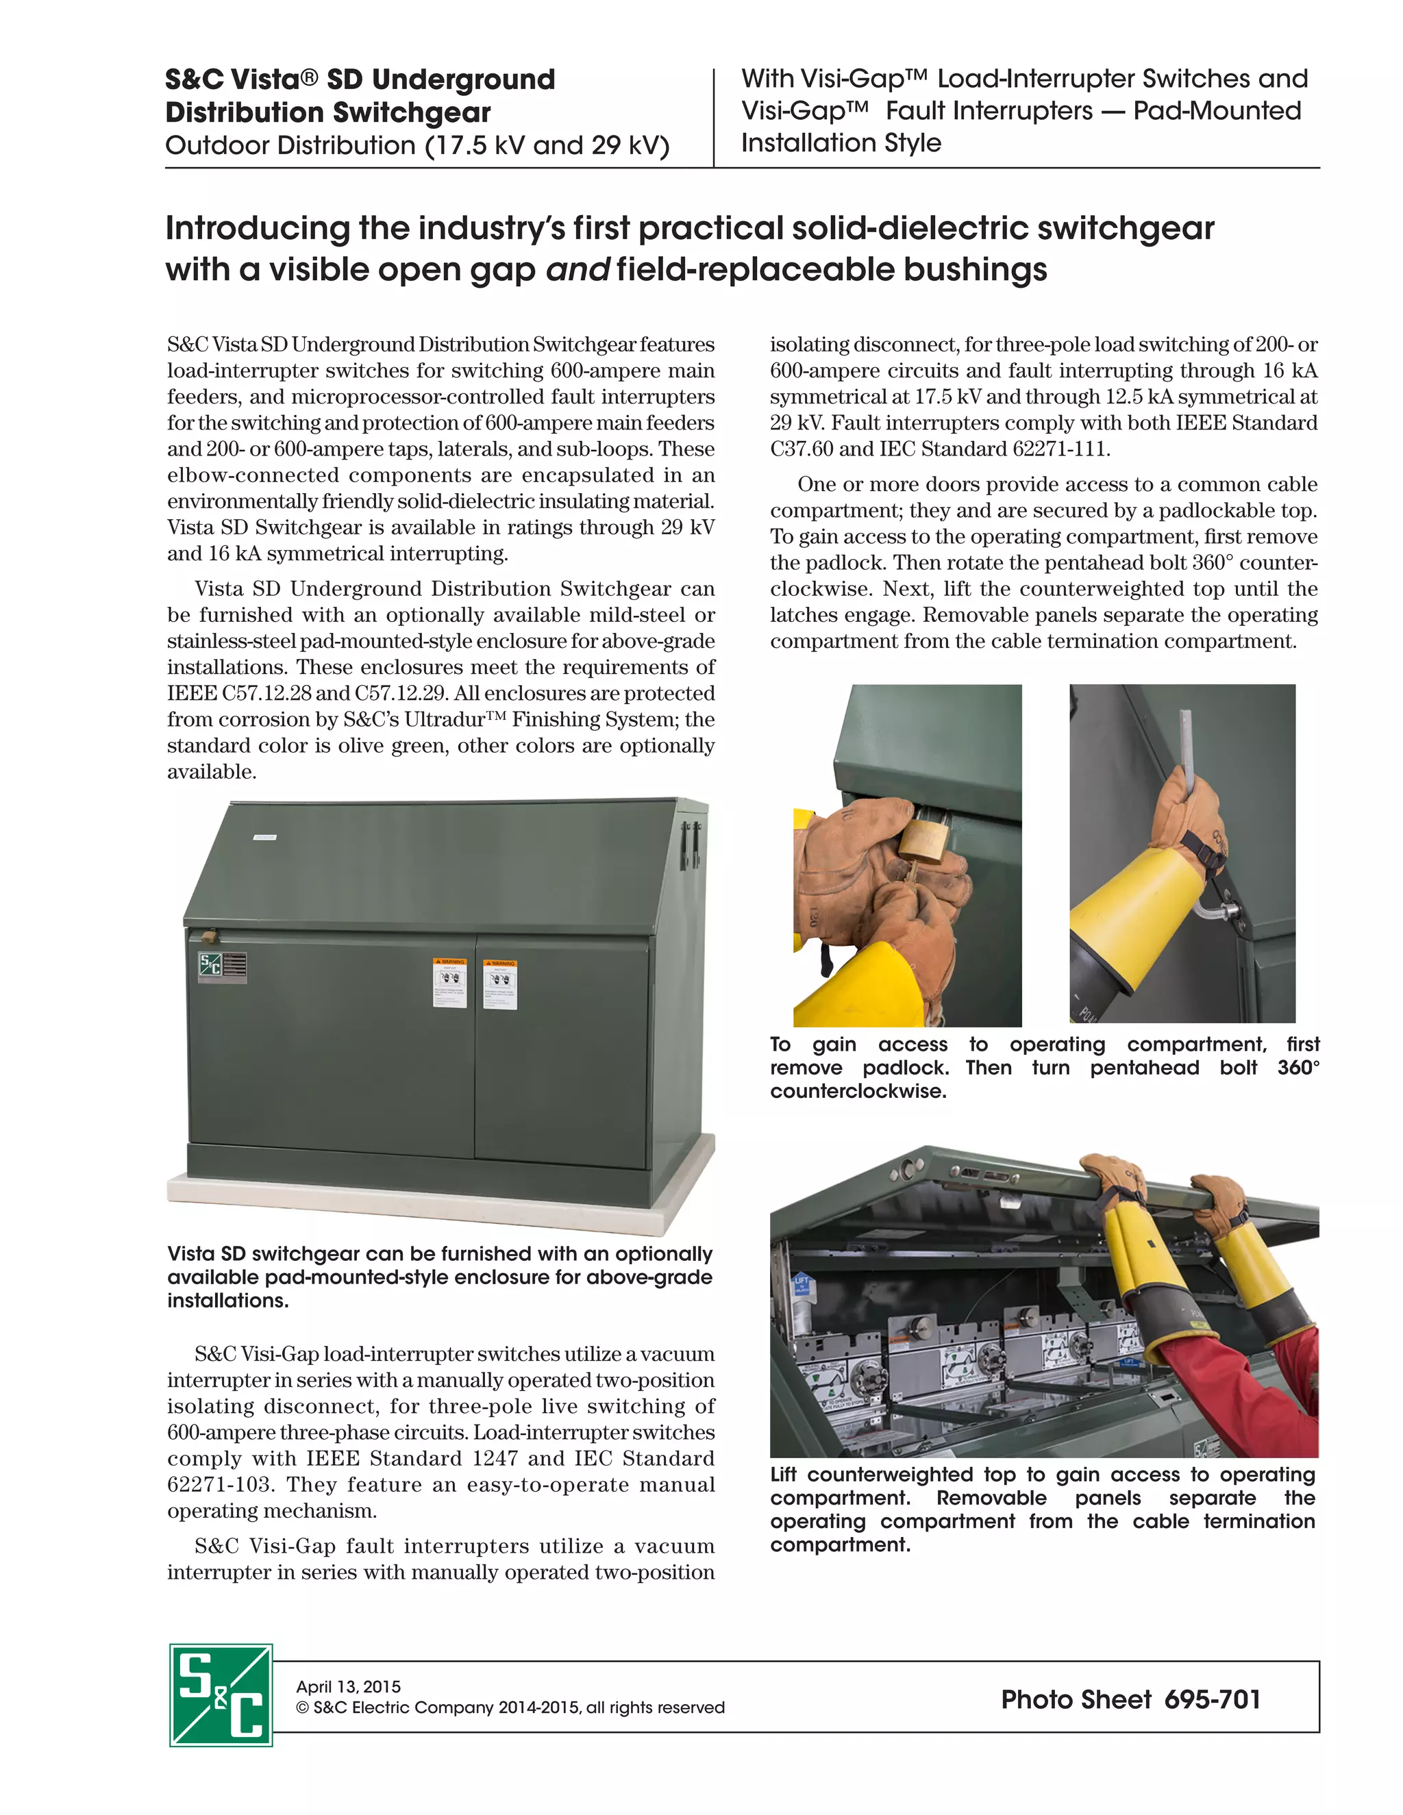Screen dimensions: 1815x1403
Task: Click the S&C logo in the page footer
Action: coord(221,1694)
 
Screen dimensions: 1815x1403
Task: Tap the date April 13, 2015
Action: coord(348,1686)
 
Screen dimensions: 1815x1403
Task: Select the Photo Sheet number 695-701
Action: coord(1213,1699)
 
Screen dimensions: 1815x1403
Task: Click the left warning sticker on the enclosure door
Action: coord(449,982)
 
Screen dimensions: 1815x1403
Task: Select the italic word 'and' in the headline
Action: coord(578,269)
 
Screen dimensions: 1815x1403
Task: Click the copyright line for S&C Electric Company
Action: coord(510,1707)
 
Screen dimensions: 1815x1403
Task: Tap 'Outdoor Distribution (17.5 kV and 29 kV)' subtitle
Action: coord(417,145)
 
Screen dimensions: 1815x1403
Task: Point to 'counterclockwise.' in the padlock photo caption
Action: coord(858,1091)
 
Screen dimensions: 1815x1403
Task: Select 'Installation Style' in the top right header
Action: coord(841,143)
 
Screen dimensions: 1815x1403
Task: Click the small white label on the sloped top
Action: coord(264,837)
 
